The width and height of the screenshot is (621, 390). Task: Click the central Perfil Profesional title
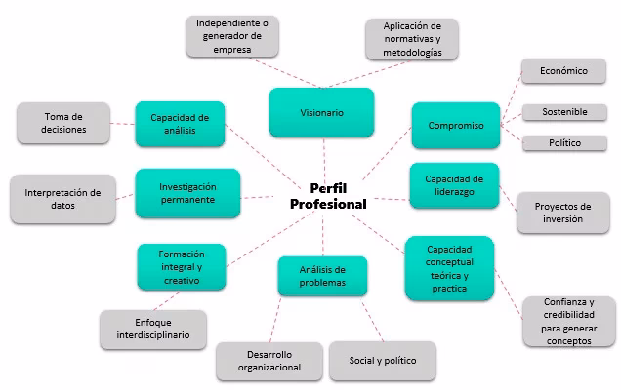328,196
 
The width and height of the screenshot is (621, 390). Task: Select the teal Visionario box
321,113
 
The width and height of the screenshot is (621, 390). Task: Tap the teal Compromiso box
455,125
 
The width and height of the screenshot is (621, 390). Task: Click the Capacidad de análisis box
181,124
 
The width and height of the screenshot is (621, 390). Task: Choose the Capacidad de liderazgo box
455,185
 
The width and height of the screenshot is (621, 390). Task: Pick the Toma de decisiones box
64,124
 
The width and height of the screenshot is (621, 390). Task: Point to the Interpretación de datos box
62,199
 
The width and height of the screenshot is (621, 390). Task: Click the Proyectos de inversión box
563,213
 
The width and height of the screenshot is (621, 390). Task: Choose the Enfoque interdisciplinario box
153,330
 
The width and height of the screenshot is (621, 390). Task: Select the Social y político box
383,361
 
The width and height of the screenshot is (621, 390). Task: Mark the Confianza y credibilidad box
568,321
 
